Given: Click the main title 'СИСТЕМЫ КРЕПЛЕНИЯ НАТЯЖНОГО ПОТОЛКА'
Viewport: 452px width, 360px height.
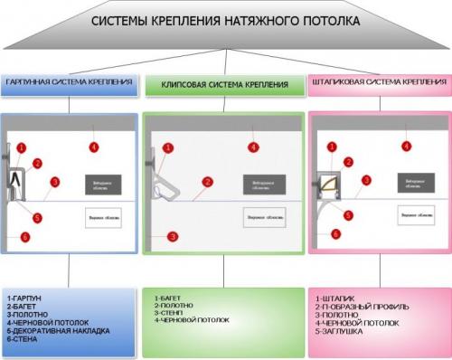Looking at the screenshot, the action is (x=225, y=20).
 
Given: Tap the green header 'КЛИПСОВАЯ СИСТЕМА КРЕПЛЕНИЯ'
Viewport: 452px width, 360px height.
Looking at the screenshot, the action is (x=225, y=84).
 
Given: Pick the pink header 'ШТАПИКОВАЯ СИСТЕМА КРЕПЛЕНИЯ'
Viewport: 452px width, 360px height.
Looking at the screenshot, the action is (x=379, y=82).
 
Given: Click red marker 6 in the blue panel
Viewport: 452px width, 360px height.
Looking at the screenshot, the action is (x=24, y=237).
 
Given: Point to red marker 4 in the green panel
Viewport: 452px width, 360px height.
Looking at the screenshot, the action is (x=254, y=147).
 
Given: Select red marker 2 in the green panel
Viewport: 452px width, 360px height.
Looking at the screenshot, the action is (x=208, y=182).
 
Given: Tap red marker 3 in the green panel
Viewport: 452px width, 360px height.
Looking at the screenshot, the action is (x=172, y=236).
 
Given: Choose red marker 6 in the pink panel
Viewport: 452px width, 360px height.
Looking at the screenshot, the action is (x=335, y=233).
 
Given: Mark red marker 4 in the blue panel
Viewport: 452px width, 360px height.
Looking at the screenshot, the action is (x=93, y=147).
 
